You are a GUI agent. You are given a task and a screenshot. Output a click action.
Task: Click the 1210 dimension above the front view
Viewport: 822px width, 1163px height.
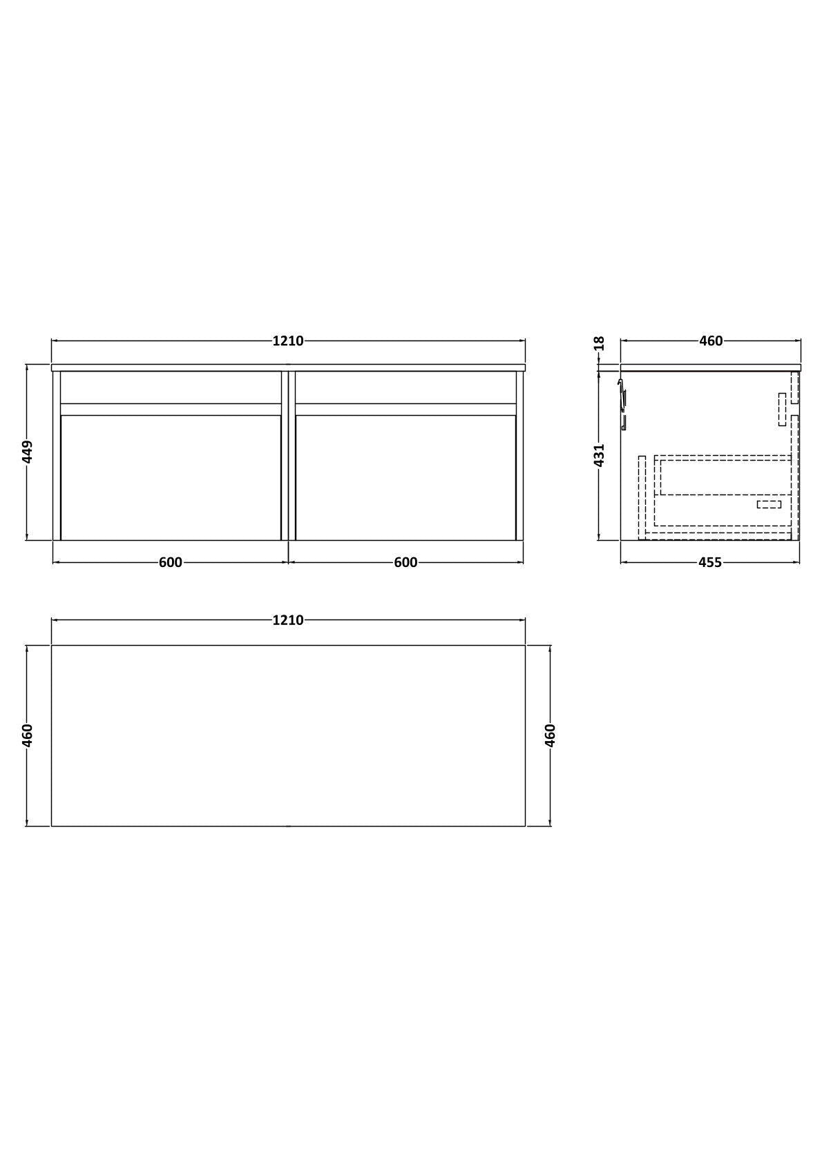[288, 340]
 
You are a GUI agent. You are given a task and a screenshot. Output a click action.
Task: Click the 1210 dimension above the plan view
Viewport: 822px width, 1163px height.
[288, 620]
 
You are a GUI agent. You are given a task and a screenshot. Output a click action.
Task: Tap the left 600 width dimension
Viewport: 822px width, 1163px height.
[171, 562]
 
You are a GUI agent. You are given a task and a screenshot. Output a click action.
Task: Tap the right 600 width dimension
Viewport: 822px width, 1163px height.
[405, 562]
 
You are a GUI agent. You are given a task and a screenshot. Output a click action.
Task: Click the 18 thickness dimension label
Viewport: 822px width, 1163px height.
[599, 343]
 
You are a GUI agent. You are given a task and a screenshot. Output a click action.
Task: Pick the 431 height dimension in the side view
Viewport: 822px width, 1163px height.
[599, 455]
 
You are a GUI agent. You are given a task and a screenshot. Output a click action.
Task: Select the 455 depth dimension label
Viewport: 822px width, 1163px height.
[709, 562]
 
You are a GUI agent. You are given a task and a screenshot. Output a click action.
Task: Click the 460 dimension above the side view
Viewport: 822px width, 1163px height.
[711, 340]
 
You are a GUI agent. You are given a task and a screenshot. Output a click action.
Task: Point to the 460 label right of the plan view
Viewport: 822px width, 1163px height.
[550, 735]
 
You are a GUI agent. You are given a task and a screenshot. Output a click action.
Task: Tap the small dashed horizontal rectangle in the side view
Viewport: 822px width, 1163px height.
[769, 504]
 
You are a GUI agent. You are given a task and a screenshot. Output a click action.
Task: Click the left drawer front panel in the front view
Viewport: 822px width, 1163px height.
[171, 477]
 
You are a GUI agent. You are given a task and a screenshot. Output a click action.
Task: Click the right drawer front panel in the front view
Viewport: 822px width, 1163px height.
[405, 477]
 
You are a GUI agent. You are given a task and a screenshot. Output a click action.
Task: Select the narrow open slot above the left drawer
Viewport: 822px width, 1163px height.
[171, 387]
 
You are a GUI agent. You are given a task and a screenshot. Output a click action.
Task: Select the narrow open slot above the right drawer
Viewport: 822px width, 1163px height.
[405, 387]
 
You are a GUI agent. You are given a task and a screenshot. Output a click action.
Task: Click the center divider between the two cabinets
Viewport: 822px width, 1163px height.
[288, 456]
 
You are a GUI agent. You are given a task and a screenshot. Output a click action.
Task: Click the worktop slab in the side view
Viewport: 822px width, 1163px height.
[709, 367]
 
